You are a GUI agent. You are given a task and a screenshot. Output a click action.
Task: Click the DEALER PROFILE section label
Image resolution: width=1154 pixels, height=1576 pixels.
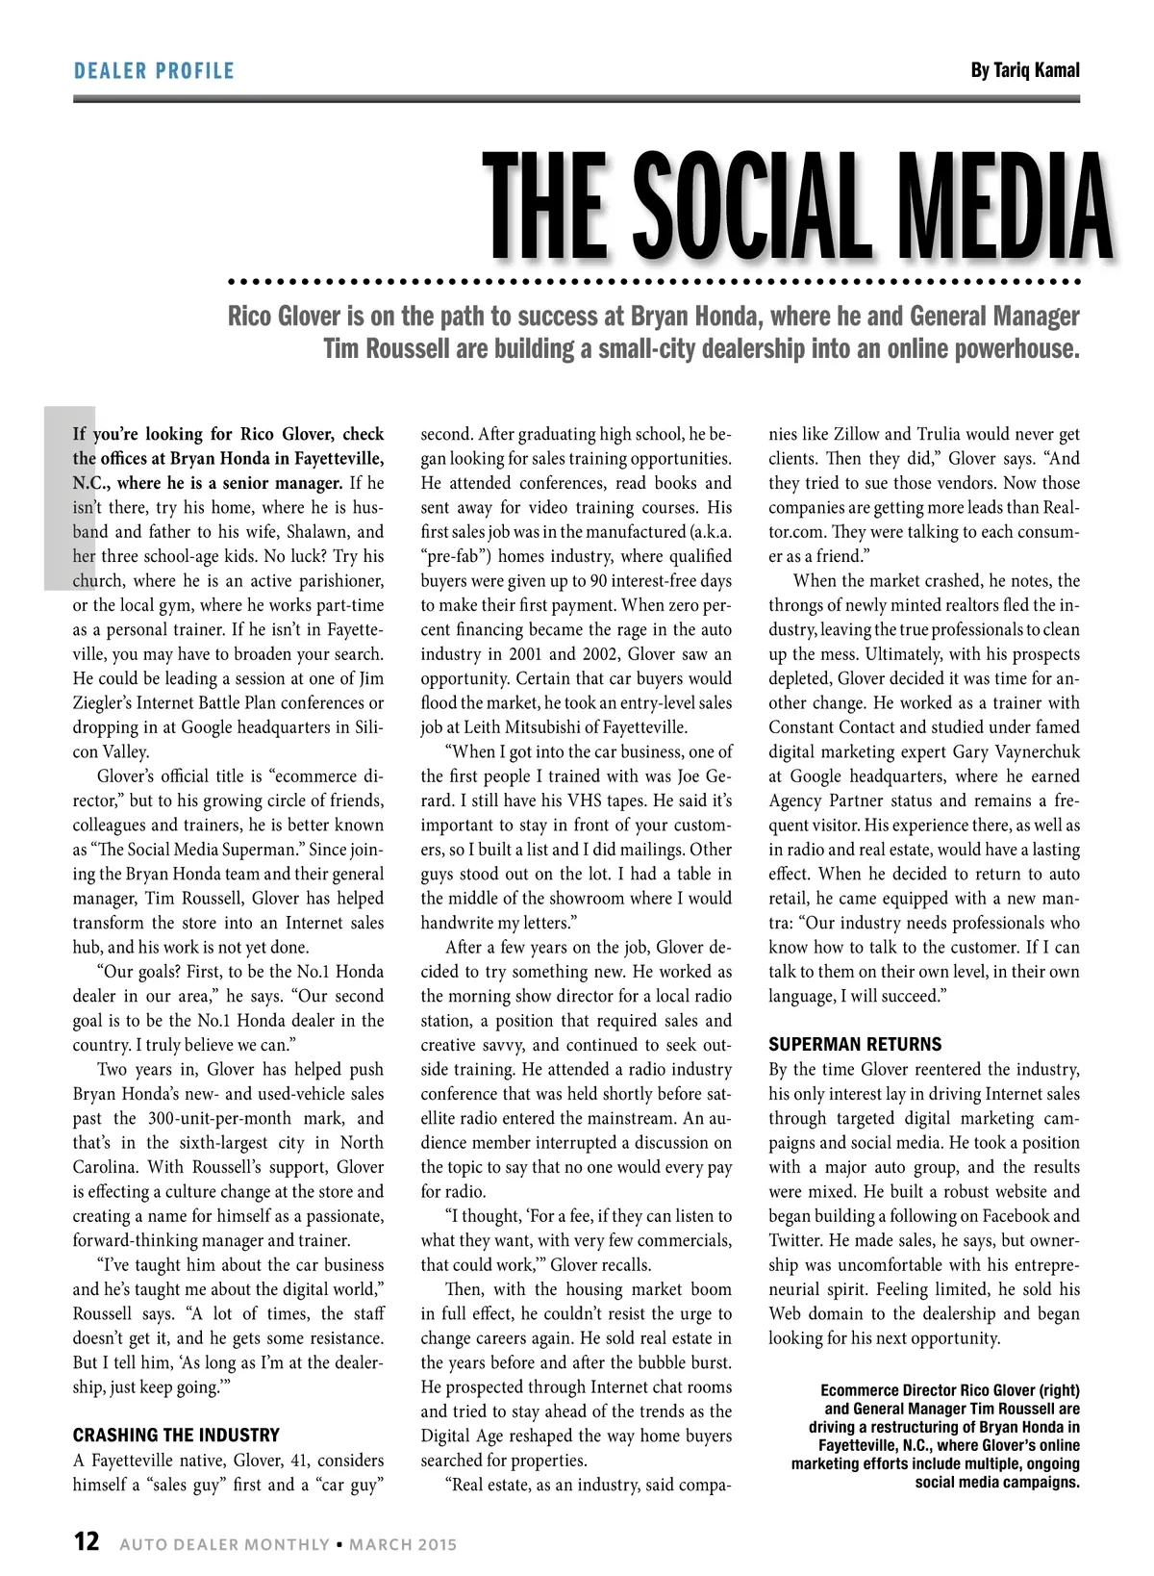pos(154,70)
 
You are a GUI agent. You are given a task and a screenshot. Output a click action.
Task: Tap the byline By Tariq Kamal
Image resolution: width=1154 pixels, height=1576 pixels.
pos(1025,70)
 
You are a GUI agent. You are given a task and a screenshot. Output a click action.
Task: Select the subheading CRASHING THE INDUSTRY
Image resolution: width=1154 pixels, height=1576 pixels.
pos(176,1435)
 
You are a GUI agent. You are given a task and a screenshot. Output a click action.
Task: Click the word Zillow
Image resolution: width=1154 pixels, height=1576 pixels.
pos(856,434)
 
